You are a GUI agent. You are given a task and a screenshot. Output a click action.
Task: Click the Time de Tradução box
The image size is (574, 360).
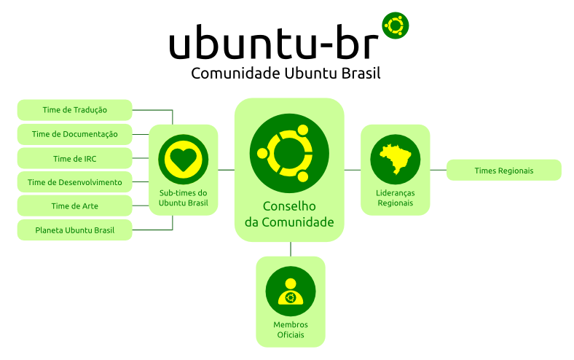[74, 110]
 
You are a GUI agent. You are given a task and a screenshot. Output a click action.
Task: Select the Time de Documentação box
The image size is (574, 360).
[74, 134]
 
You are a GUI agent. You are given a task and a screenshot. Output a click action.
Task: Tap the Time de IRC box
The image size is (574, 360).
[74, 158]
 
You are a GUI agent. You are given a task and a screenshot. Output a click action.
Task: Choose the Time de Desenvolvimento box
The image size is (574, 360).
[74, 182]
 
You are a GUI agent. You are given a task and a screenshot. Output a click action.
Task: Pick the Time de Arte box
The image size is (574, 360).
[74, 206]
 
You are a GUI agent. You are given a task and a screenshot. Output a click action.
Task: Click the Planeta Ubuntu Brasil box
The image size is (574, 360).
[74, 230]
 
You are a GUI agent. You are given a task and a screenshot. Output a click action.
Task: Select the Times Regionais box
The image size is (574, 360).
[503, 171]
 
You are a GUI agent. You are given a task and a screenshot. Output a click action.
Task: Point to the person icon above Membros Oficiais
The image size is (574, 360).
[291, 291]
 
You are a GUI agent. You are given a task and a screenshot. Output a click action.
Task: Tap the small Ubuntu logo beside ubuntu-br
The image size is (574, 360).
[396, 26]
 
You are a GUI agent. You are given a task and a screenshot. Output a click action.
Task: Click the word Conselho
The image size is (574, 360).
[289, 206]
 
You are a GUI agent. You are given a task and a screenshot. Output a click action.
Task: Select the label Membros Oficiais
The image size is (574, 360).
[291, 329]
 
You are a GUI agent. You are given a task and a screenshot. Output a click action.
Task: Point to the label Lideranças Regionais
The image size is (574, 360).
[396, 197]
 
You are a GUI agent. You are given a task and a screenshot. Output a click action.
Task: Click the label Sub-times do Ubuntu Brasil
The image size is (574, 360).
[184, 197]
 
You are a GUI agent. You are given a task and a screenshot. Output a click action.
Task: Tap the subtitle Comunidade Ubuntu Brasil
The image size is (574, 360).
[286, 74]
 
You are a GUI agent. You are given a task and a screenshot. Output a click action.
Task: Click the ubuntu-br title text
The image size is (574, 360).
[274, 44]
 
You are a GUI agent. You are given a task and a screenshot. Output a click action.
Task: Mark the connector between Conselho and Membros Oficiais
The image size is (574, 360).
[291, 249]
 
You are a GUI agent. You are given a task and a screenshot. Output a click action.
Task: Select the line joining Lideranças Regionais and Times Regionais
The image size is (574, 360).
[438, 170]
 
